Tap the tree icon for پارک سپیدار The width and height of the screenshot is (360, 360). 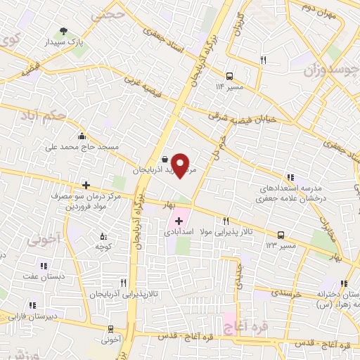click(x=64, y=31)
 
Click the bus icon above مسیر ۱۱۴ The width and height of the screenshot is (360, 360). click(x=229, y=76)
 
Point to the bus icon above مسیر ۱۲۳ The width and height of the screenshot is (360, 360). click(x=281, y=235)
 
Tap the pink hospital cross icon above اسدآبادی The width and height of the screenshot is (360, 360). click(x=179, y=221)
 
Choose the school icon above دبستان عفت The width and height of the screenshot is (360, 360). click(x=43, y=265)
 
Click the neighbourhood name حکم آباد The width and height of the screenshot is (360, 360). click(x=64, y=113)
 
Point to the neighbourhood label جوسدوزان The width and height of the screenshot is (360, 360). click(x=328, y=70)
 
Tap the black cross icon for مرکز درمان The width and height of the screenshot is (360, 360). click(x=86, y=186)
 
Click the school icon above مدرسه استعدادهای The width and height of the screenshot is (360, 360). click(x=289, y=178)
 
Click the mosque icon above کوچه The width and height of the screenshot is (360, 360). click(x=104, y=237)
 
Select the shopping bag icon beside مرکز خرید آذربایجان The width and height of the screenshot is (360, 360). click(x=164, y=159)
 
